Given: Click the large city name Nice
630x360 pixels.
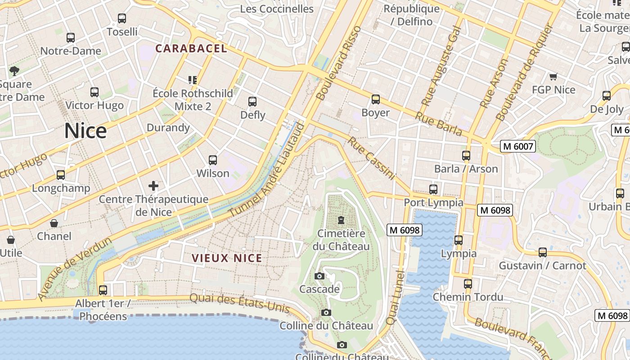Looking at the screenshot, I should (85, 131).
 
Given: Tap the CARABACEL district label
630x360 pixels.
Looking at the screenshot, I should (191, 49).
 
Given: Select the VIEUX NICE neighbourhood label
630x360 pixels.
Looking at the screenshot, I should (227, 258).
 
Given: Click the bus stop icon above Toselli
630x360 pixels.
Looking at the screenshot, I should (122, 18).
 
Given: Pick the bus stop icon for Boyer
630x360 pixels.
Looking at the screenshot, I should (376, 99).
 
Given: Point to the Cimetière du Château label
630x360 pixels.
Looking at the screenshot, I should (341, 240).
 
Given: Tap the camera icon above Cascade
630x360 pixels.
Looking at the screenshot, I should (319, 276).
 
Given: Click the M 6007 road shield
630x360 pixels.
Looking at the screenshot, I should (517, 146).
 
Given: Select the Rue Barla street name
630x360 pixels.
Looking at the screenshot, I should (439, 123).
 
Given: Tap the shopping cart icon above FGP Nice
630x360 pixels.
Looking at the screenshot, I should (553, 77).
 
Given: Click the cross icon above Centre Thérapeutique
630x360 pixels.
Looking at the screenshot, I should (153, 185).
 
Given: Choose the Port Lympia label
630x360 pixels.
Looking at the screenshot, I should (433, 202).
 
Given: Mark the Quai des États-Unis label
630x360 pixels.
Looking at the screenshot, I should (239, 302).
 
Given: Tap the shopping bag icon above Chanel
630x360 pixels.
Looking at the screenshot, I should (54, 223).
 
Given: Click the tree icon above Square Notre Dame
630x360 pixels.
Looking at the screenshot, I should (14, 71).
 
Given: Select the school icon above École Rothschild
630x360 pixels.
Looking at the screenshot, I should (193, 80).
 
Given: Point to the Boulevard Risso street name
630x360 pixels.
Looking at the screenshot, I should (340, 63).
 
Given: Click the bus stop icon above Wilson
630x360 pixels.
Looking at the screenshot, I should (213, 160).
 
